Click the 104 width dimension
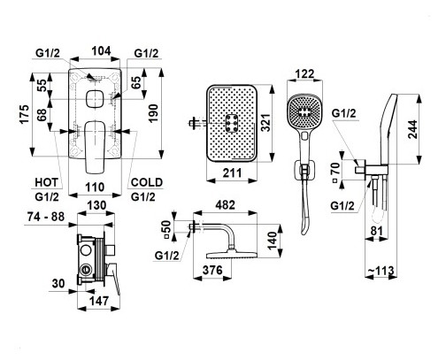(101, 51)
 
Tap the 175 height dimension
(25, 114)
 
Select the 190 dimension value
(153, 113)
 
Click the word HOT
(47, 182)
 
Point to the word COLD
(147, 182)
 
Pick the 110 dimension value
(95, 188)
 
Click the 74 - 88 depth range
(46, 217)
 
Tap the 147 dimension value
(99, 301)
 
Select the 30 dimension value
(58, 284)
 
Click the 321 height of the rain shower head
(266, 123)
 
